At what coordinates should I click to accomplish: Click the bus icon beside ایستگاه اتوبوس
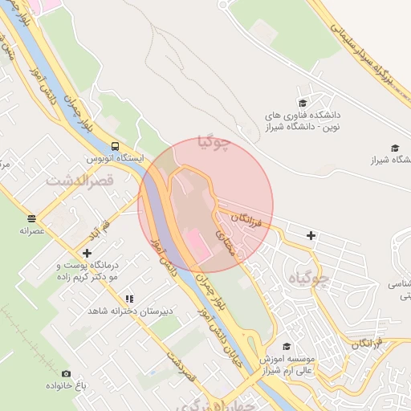point(116,147)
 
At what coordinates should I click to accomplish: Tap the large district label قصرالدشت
point(82,181)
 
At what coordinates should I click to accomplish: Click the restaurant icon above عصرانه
point(31,218)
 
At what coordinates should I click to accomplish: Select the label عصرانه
point(31,230)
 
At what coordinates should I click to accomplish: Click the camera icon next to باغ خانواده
point(66,373)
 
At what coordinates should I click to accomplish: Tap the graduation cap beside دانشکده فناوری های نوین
point(303,102)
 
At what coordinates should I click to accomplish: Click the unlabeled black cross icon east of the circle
point(311,235)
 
